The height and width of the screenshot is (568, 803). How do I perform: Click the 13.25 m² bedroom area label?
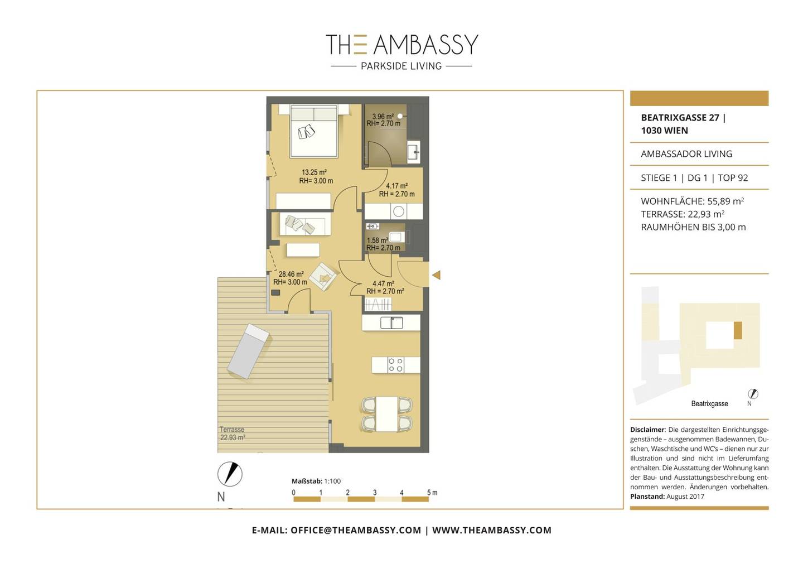click(316, 176)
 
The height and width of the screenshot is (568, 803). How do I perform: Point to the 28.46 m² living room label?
click(291, 278)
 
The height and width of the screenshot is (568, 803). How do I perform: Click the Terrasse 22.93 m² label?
click(233, 434)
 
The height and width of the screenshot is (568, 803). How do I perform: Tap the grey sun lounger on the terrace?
click(248, 351)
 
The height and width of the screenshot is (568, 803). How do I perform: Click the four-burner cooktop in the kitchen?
click(396, 365)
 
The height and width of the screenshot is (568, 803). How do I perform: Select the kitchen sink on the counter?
click(391, 322)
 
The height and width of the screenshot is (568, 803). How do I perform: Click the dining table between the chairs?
click(387, 414)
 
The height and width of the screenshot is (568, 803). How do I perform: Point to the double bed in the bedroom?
click(314, 131)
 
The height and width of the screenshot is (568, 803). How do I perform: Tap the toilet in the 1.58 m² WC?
click(396, 237)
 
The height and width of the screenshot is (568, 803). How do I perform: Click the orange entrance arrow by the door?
click(436, 275)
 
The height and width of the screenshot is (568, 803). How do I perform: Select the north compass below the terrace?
click(230, 474)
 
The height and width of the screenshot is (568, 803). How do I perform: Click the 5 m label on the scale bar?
click(432, 493)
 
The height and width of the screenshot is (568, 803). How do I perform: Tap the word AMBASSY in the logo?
click(426, 45)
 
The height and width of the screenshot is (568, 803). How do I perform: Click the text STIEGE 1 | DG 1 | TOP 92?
click(694, 178)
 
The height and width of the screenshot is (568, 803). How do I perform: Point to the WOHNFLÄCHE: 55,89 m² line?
click(692, 201)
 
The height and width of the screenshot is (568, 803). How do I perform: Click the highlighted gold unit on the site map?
click(738, 330)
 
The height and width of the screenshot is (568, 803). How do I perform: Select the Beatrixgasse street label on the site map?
click(709, 404)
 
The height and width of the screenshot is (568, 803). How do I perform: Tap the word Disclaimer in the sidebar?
click(647, 430)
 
